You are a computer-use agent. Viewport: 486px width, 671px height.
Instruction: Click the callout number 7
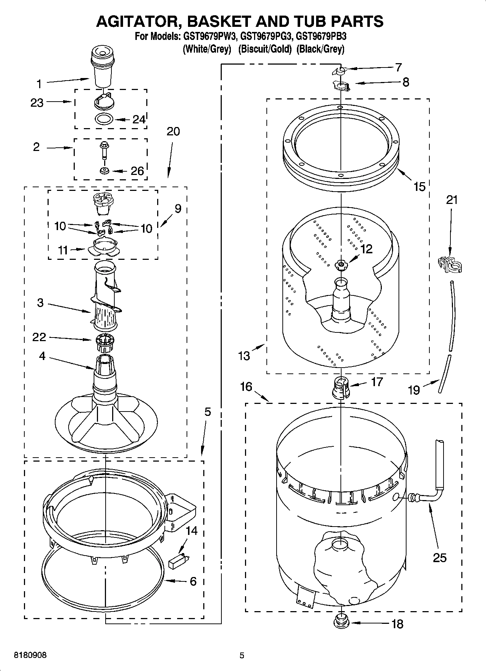(x=398, y=67)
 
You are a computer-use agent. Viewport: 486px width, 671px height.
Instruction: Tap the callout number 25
(x=440, y=558)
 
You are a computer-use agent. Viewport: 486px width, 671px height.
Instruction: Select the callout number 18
(x=397, y=624)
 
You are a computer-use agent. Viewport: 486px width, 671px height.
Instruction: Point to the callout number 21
(x=452, y=200)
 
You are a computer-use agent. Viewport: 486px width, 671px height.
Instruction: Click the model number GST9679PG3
(x=267, y=37)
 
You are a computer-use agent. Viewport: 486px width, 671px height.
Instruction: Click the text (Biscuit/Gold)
(x=265, y=49)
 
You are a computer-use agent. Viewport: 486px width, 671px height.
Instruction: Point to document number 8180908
(x=30, y=655)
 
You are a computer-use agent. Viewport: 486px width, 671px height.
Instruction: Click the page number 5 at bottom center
(x=242, y=655)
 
